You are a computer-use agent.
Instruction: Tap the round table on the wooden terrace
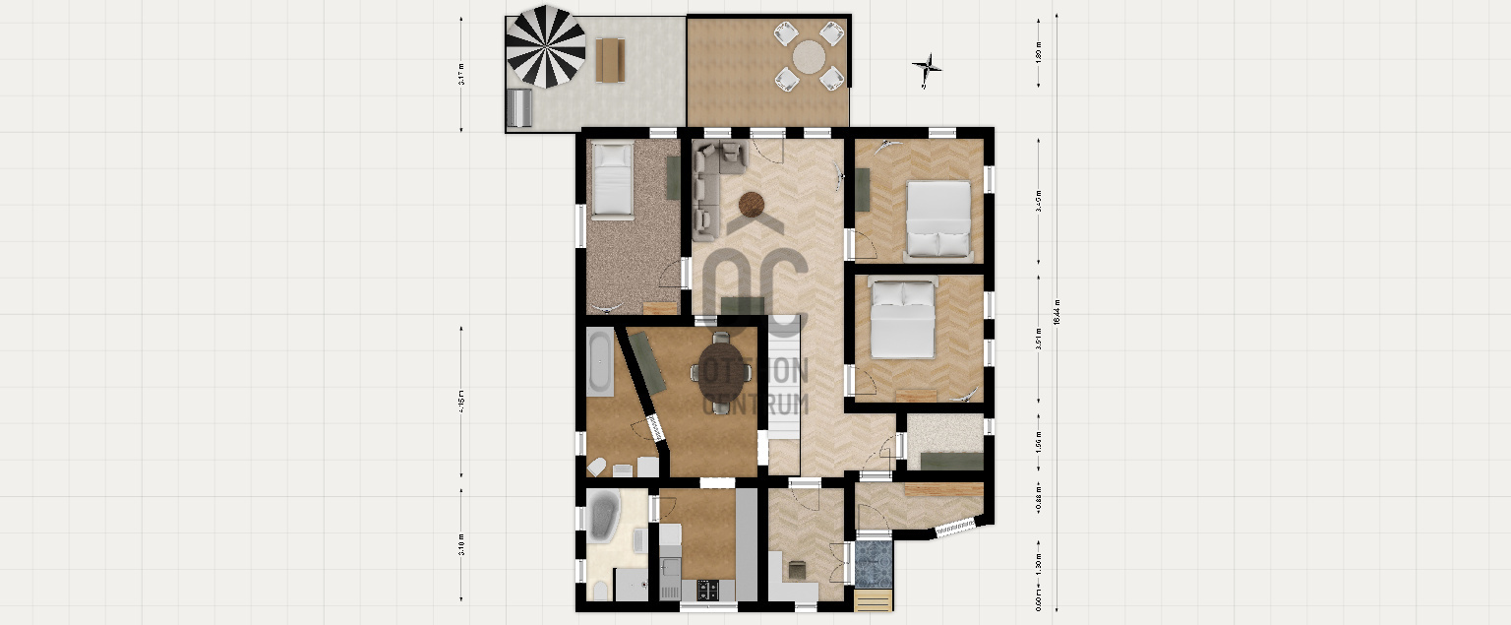tap(811, 56)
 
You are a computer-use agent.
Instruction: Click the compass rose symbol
tap(927, 69)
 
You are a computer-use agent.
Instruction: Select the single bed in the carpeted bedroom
tap(612, 178)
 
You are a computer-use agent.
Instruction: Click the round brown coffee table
tap(753, 204)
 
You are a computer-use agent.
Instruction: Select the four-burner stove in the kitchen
tap(708, 590)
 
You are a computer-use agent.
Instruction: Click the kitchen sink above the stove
tap(671, 568)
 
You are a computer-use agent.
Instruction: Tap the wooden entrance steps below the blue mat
tap(875, 599)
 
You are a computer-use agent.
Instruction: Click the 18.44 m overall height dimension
tap(1055, 313)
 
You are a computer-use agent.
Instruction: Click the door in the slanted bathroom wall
tap(655, 429)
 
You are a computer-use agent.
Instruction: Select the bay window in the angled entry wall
tap(954, 529)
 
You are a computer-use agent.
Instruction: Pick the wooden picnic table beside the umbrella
tap(610, 59)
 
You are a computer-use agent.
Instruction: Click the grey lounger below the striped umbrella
tap(519, 107)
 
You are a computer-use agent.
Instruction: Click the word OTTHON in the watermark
tap(755, 370)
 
